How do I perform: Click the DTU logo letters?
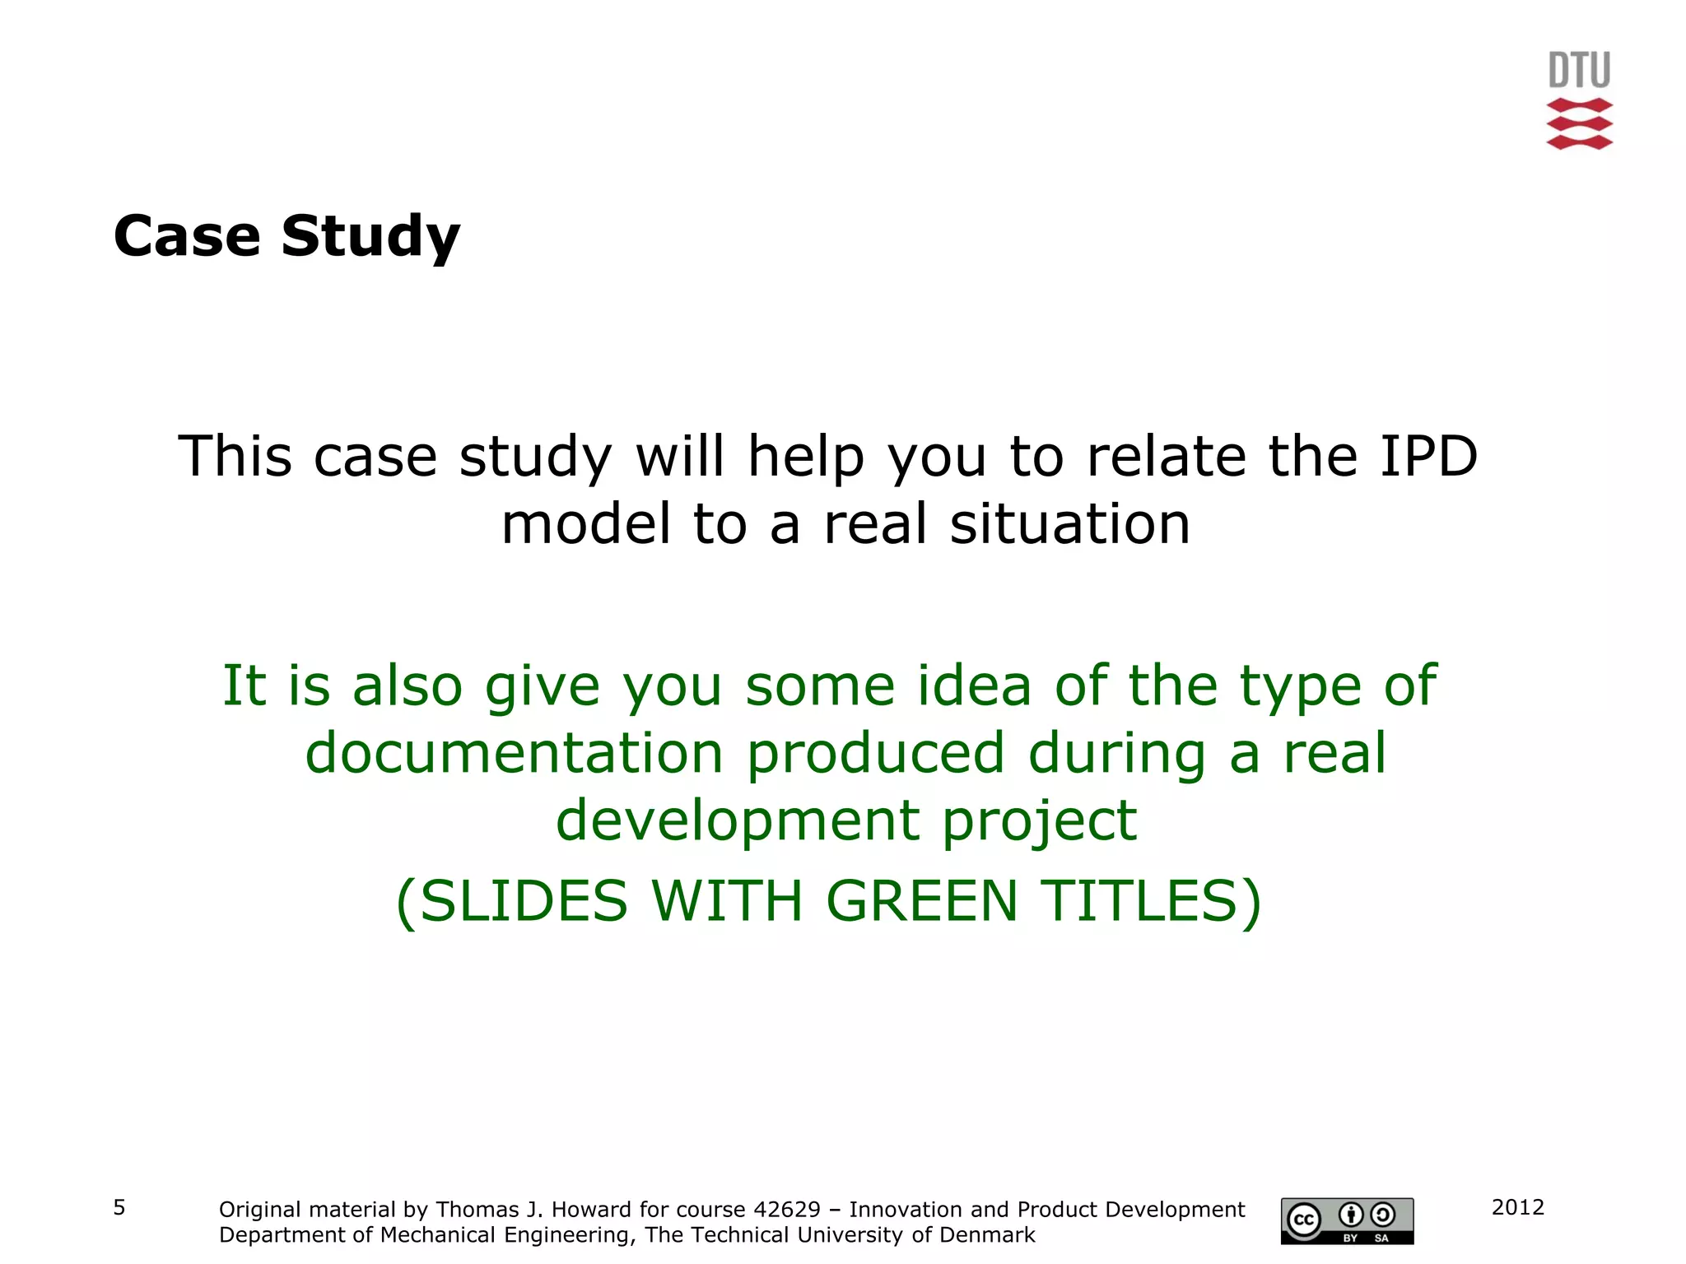(x=1579, y=70)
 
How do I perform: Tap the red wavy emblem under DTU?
(x=1579, y=123)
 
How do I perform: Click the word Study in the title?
(x=370, y=237)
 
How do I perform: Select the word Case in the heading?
(x=187, y=236)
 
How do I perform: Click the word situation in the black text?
(x=1070, y=524)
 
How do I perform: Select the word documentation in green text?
(x=514, y=753)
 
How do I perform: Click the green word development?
(x=738, y=820)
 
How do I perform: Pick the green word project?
(x=1039, y=822)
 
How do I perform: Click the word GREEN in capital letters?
(x=922, y=901)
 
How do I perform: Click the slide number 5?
(x=119, y=1207)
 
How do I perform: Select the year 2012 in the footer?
(x=1517, y=1207)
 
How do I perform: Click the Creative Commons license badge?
(x=1347, y=1220)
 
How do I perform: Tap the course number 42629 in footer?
(x=787, y=1210)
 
